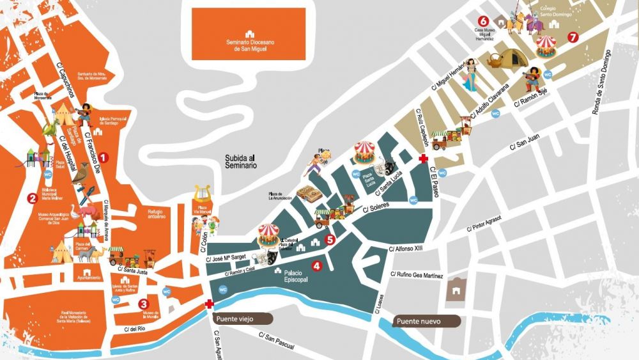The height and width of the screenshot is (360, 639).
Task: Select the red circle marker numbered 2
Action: point(31,198)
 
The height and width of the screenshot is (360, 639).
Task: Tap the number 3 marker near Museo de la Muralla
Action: point(144,304)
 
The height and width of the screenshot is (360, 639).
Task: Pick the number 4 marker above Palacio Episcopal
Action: point(316,265)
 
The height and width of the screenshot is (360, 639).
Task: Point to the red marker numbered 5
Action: point(330,240)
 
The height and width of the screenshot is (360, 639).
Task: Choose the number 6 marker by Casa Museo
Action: point(483,20)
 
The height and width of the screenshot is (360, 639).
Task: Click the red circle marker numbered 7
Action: point(573,37)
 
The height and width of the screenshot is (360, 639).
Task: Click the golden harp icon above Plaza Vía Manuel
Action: point(203,192)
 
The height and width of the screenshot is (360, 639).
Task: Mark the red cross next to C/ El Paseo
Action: point(422,158)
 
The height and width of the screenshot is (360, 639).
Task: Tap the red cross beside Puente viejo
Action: point(209,304)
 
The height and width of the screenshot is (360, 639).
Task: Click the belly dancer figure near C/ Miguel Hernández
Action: point(472,72)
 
